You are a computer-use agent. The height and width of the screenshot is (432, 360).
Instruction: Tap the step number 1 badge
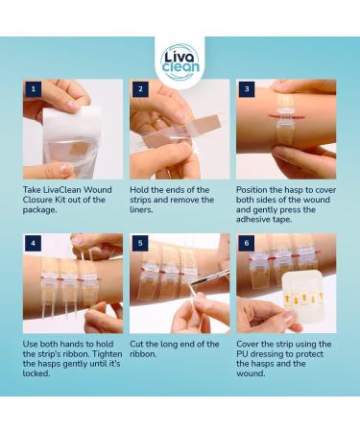tap(33, 89)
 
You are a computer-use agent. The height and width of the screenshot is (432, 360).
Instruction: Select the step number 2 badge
tap(140, 89)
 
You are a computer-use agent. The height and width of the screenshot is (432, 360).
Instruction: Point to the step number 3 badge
tap(247, 89)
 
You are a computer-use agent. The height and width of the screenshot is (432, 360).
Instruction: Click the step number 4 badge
tap(33, 243)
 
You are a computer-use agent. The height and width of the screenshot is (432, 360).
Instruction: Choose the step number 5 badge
tap(140, 243)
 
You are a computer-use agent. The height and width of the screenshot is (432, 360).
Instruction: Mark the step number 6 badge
tap(247, 243)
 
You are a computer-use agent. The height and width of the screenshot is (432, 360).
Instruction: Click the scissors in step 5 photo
tap(209, 278)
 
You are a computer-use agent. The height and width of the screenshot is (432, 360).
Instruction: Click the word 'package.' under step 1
tap(39, 210)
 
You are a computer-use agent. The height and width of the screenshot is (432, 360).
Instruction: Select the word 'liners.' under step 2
tap(141, 210)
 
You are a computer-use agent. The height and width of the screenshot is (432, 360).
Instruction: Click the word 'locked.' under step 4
tap(36, 373)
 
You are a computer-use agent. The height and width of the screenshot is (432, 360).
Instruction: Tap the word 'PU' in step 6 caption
tap(242, 354)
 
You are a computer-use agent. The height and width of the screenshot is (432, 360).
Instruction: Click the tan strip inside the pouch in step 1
tap(79, 148)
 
